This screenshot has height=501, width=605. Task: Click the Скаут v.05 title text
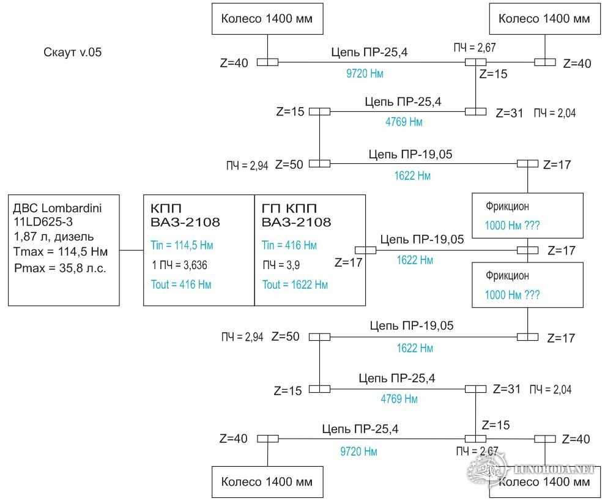click(73, 53)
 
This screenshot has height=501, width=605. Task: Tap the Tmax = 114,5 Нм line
click(61, 252)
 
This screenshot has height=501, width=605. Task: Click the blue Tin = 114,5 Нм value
click(181, 245)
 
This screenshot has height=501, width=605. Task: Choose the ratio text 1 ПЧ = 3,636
click(181, 265)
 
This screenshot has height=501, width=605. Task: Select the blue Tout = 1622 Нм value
click(295, 284)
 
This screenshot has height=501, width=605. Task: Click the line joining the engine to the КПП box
click(131, 250)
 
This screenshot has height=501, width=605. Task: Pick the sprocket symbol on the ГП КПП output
click(366, 250)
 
